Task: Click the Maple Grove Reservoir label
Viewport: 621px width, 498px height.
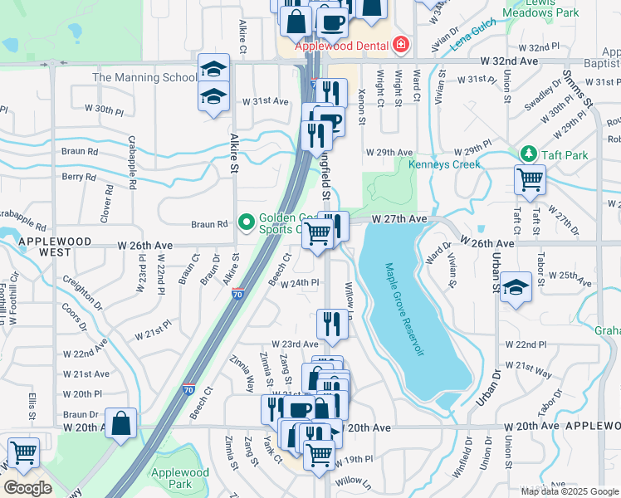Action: click(x=403, y=310)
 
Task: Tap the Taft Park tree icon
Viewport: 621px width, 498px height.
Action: click(x=526, y=154)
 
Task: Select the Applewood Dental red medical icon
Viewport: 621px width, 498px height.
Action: click(x=401, y=43)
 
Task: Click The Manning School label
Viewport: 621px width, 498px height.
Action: click(x=144, y=78)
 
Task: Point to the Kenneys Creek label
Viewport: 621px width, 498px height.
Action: click(x=444, y=164)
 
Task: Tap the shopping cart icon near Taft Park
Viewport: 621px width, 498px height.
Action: click(x=530, y=178)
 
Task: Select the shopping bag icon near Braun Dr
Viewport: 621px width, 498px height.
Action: click(x=121, y=422)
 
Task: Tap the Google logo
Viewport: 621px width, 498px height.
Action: click(x=27, y=487)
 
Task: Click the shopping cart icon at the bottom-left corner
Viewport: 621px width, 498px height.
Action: click(x=22, y=453)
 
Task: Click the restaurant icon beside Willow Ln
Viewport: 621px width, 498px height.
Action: click(x=332, y=324)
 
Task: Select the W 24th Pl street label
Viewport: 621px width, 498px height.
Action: click(x=301, y=283)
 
